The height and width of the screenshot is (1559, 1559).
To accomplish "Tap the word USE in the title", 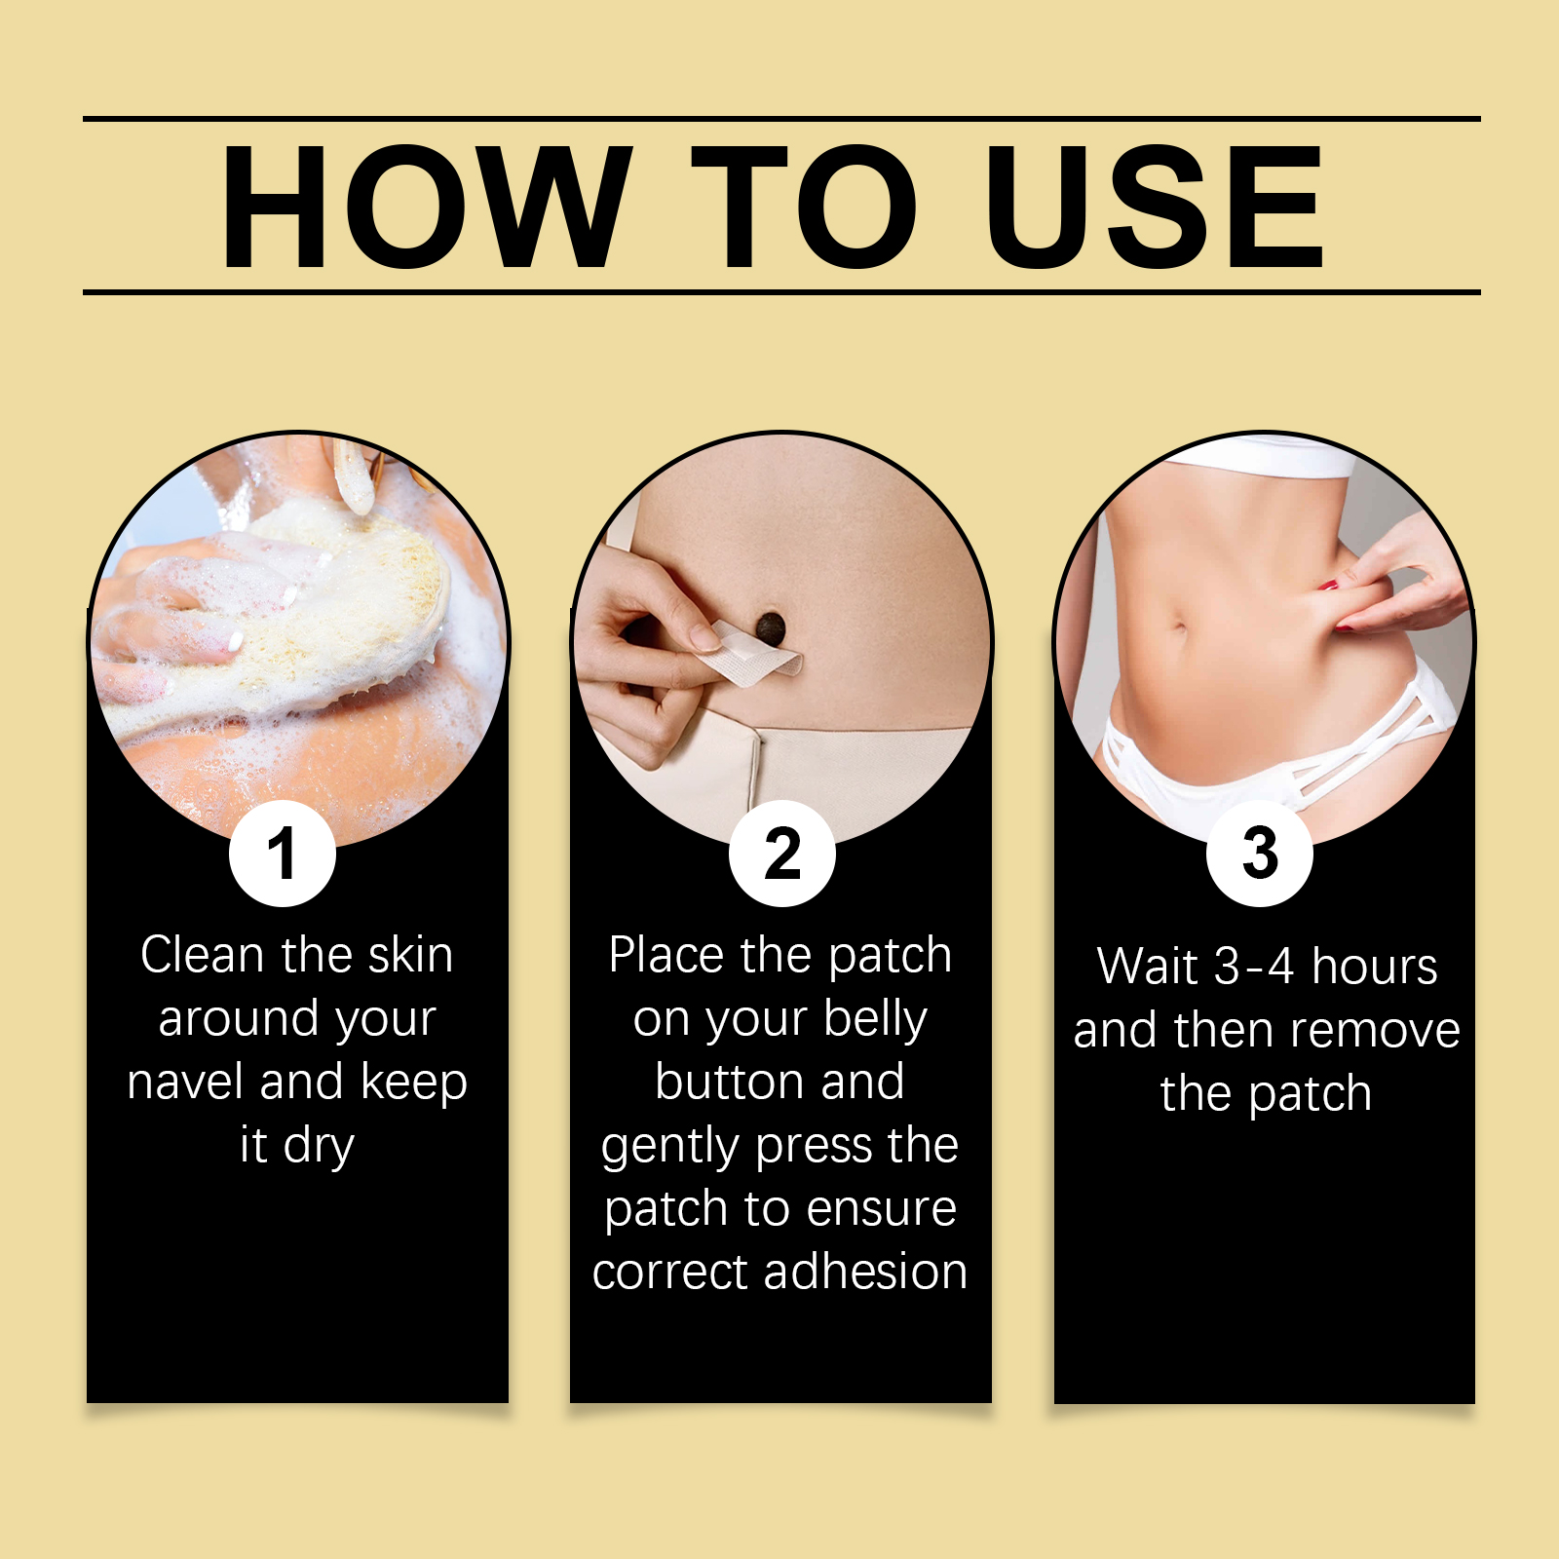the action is [1155, 207].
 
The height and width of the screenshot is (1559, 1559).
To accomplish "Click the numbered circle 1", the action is [283, 854].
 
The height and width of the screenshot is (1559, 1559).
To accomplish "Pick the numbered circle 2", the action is [782, 854].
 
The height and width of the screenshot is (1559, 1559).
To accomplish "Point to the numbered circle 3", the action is [1260, 854].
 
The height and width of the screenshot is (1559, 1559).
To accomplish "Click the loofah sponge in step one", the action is [331, 604].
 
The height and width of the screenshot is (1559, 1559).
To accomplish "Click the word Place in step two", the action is [668, 955].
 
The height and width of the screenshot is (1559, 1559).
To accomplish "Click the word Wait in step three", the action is [1148, 967].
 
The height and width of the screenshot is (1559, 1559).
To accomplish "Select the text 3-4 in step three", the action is [1254, 968].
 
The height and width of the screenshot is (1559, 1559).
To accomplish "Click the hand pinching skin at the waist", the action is [1403, 575].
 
